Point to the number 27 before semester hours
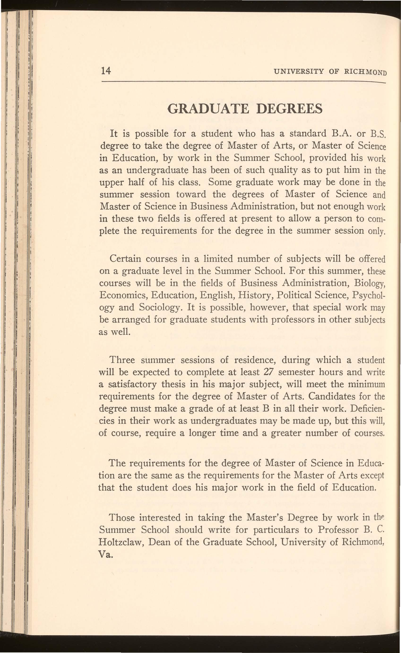pos(269,372)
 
